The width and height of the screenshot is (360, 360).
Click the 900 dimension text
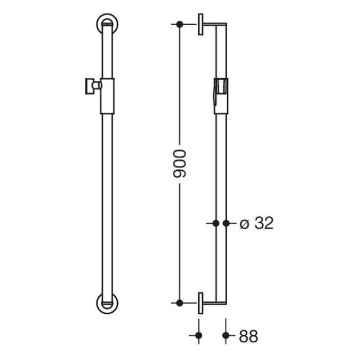179,165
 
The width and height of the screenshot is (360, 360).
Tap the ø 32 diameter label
256,223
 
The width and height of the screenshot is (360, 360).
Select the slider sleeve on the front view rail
107,96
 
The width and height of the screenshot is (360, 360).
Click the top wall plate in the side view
200,24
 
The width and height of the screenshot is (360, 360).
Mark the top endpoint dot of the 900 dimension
179,24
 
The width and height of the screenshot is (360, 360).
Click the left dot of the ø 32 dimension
216,223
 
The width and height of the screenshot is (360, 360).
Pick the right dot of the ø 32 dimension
226,223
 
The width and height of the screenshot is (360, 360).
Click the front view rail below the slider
107,206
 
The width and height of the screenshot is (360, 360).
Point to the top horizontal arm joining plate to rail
213,24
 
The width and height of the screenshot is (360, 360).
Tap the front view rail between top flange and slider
107,54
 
